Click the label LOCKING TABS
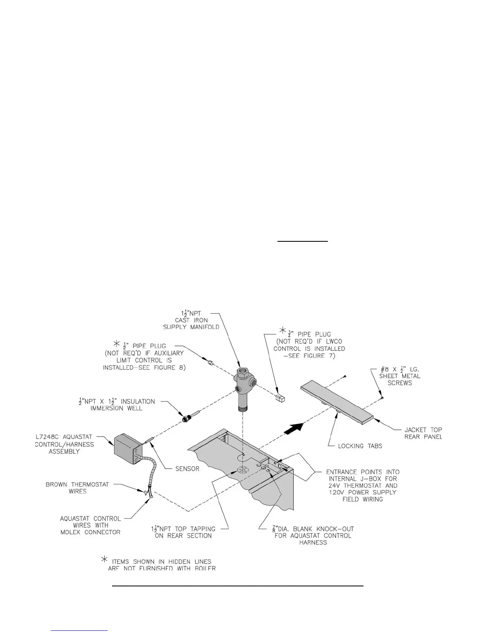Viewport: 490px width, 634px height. tap(360, 445)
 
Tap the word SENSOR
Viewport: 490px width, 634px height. tap(187, 468)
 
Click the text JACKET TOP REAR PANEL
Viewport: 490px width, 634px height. tap(423, 433)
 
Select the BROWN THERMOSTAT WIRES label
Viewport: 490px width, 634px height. tap(77, 488)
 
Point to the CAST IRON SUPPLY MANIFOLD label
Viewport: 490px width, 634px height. tap(191, 320)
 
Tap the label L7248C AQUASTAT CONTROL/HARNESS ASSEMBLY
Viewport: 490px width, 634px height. tap(64, 444)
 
